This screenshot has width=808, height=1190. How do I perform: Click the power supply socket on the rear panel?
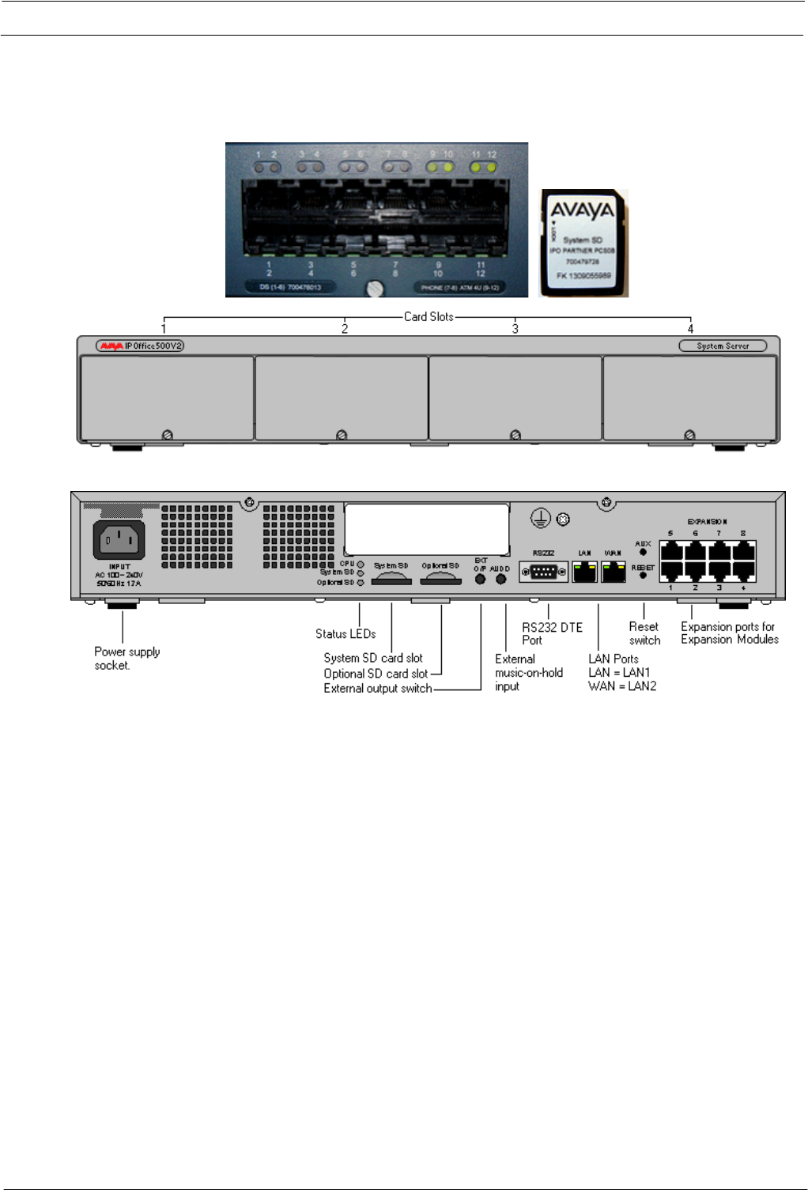pyautogui.click(x=119, y=540)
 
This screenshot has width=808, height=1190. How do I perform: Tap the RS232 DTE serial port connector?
pyautogui.click(x=543, y=572)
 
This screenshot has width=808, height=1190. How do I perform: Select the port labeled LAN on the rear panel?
pyautogui.click(x=584, y=571)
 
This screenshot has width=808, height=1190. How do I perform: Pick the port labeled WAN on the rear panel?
pyautogui.click(x=613, y=571)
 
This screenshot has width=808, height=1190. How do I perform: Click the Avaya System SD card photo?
pyautogui.click(x=583, y=243)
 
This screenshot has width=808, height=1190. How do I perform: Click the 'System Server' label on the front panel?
pyautogui.click(x=723, y=346)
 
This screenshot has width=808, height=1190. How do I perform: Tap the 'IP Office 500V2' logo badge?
pyautogui.click(x=140, y=346)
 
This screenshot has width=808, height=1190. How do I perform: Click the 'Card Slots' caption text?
pyautogui.click(x=429, y=316)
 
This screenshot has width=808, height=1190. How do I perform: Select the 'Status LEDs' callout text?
pyautogui.click(x=345, y=634)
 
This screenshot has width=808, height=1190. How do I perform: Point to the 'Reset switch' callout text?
pyautogui.click(x=644, y=633)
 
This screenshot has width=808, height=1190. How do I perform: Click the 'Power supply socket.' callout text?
pyautogui.click(x=126, y=659)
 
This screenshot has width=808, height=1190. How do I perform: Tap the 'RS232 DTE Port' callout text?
pyautogui.click(x=552, y=633)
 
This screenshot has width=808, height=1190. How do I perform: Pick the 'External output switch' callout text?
pyautogui.click(x=378, y=689)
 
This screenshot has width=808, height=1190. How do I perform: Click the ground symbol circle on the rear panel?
pyautogui.click(x=540, y=519)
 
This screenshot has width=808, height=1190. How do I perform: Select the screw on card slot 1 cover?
pyautogui.click(x=167, y=435)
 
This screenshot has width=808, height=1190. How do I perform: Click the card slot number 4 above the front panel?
pyautogui.click(x=690, y=329)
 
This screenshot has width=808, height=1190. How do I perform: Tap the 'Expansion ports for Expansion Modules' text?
pyautogui.click(x=729, y=633)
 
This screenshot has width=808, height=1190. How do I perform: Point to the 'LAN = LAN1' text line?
pyautogui.click(x=619, y=673)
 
